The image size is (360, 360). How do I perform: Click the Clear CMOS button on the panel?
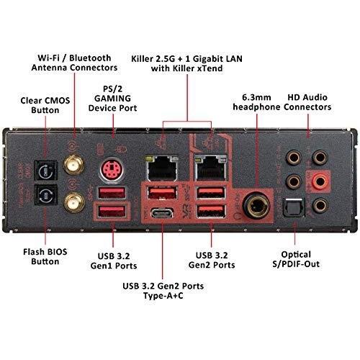pos(46,171)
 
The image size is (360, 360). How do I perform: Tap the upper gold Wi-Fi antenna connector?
pos(73,165)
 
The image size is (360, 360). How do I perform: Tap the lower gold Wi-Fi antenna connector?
pos(74,202)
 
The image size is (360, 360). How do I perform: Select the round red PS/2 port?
pos(112,169)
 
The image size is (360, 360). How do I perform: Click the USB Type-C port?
pos(162,213)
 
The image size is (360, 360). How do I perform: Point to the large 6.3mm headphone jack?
pos(256,206)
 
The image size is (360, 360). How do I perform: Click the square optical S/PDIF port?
pos(294,207)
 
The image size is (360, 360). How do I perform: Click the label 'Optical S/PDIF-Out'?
pos(296,259)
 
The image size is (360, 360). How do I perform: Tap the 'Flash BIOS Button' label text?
pos(45,257)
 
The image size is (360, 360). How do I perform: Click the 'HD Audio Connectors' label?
pos(307,102)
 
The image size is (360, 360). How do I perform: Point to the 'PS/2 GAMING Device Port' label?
pos(112,99)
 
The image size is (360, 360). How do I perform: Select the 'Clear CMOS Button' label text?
pos(45,105)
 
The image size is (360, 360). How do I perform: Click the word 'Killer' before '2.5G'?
pos(142,59)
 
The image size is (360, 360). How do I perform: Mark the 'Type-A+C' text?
pos(163,295)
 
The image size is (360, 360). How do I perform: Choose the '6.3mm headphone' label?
pos(256,102)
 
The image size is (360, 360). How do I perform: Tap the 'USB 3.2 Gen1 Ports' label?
pos(114,261)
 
